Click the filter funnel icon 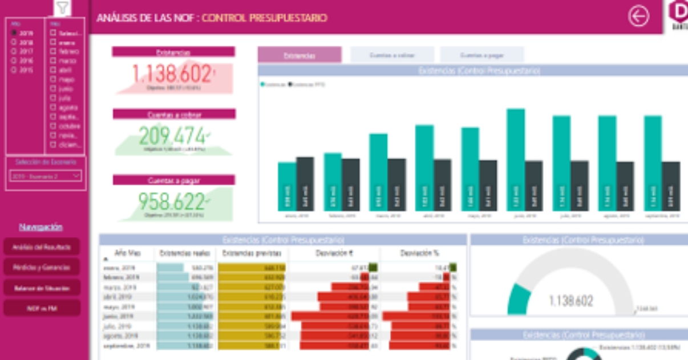click(x=63, y=8)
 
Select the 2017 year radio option click(x=13, y=51)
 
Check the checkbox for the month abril click(x=53, y=70)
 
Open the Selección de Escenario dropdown click(x=46, y=176)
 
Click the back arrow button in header click(x=638, y=17)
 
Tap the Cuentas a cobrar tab click(x=392, y=55)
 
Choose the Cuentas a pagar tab click(x=481, y=55)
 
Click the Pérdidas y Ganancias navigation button click(x=42, y=267)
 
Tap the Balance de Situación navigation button click(x=42, y=288)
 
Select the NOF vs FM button click(x=42, y=309)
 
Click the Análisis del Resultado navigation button click(x=42, y=246)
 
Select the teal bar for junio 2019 click(x=516, y=160)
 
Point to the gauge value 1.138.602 click(x=570, y=301)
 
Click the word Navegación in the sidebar click(x=41, y=227)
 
